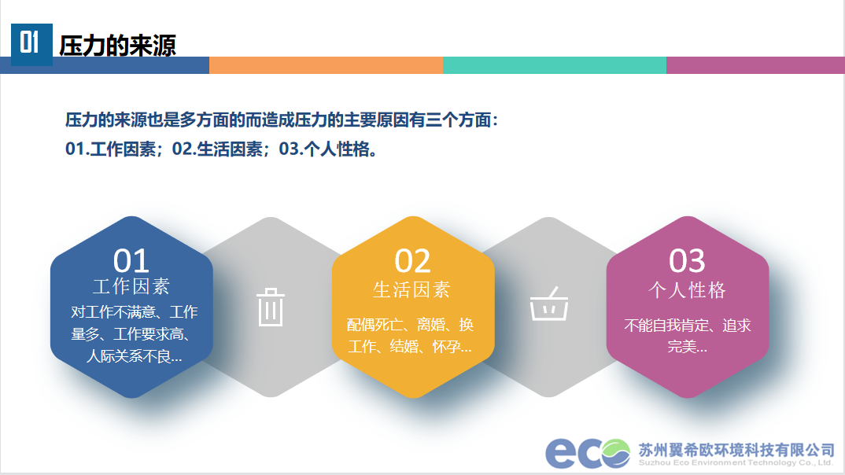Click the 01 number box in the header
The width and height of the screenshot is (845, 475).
click(31, 45)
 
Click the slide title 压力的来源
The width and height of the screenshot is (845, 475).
click(117, 46)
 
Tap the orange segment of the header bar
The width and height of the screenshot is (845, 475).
click(326, 65)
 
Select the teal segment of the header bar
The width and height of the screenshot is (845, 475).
click(555, 65)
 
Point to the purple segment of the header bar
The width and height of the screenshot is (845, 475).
click(755, 65)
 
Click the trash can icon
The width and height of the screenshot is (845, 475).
click(271, 307)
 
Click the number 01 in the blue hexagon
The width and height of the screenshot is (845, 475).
click(131, 261)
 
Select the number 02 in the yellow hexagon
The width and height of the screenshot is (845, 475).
click(412, 261)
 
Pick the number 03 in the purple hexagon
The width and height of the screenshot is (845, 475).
click(687, 261)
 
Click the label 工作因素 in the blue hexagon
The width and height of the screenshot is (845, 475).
click(131, 286)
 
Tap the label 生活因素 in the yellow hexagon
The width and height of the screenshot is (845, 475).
click(411, 289)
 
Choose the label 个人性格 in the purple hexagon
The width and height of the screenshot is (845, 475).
click(687, 290)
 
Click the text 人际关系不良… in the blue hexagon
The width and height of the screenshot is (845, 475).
click(135, 356)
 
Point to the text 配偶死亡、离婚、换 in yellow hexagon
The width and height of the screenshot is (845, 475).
click(410, 325)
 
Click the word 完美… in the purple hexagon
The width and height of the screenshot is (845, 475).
click(687, 347)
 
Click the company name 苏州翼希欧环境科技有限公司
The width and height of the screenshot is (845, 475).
click(736, 450)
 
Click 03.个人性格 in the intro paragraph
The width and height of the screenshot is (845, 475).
click(327, 149)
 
